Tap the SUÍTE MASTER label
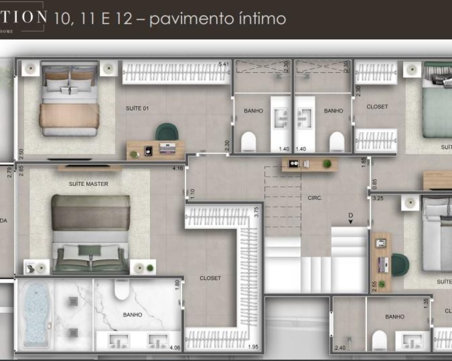89,184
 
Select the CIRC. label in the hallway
315,198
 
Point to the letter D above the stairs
350,216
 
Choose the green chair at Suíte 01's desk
167,132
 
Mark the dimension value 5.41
224,65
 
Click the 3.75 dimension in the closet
256,212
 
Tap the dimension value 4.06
175,348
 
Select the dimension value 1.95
253,347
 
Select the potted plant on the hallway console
327,163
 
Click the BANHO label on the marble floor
132,315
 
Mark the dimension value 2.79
9,173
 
